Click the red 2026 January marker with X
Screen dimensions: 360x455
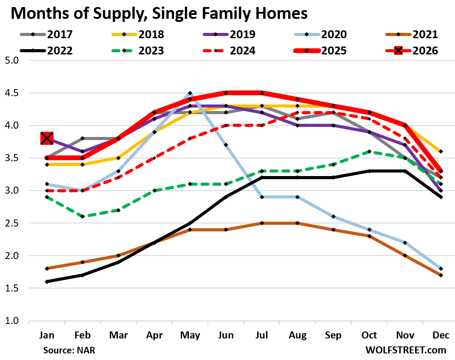click(x=47, y=139)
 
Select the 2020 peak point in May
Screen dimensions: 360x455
click(x=190, y=93)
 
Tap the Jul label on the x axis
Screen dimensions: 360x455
click(x=262, y=335)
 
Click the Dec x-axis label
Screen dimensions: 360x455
click(x=441, y=335)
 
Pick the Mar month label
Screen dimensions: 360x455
click(x=118, y=335)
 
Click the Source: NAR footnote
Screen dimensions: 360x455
click(x=69, y=350)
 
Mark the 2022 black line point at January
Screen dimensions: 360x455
click(x=47, y=282)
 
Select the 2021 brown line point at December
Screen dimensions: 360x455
click(x=441, y=275)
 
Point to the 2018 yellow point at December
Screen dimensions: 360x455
click(x=441, y=151)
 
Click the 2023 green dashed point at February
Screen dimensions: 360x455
click(x=83, y=216)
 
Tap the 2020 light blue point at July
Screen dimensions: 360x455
click(x=262, y=197)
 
